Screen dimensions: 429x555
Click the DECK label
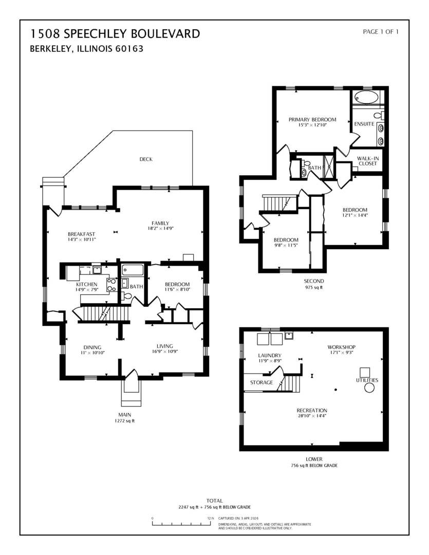coord(146,159)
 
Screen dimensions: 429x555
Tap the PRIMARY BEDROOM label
coord(312,120)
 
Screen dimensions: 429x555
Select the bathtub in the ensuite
coord(366,97)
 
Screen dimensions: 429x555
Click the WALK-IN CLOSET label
coord(368,161)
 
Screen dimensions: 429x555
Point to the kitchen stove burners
coord(112,285)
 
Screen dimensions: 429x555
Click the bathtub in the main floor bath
coord(133,270)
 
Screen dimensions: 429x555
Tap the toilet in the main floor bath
coord(126,296)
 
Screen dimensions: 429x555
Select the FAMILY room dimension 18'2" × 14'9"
coord(160,229)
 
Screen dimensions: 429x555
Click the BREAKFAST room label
coord(81,234)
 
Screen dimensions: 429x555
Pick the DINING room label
coord(92,347)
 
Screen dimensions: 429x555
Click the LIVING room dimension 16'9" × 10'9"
coord(164,351)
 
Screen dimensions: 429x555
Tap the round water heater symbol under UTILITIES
coord(369,388)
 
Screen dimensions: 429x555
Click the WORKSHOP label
coord(341,347)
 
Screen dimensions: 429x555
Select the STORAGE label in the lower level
coord(262,382)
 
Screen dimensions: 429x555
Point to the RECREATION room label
coord(312,410)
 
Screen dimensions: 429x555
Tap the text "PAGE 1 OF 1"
coord(381,31)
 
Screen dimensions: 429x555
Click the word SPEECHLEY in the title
coord(96,33)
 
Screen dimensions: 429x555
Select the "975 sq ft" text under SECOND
coord(314,287)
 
